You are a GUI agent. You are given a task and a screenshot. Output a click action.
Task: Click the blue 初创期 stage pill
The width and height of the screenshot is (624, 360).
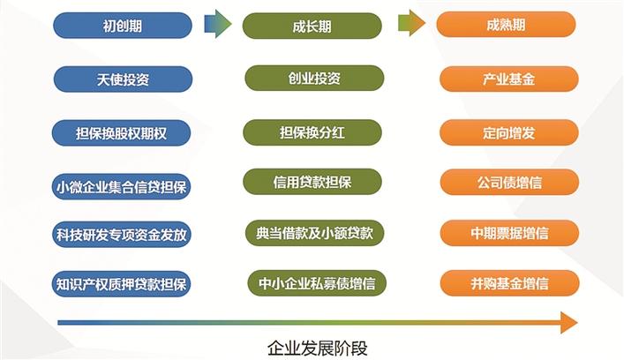click(x=123, y=26)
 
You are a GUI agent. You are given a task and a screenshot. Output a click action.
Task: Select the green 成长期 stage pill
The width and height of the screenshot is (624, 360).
click(x=312, y=26)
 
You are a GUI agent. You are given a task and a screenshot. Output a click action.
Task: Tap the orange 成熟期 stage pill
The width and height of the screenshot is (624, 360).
click(x=506, y=25)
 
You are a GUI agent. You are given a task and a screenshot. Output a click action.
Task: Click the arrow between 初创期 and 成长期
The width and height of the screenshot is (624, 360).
click(x=218, y=24)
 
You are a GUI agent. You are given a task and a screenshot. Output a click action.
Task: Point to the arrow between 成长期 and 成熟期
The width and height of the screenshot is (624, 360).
click(x=411, y=23)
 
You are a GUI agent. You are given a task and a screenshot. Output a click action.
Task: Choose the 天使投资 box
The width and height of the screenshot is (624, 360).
click(x=123, y=79)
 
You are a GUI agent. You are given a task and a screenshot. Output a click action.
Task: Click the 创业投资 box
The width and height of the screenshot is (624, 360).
click(x=314, y=78)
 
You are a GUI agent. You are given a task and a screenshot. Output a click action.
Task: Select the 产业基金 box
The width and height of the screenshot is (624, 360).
click(x=509, y=79)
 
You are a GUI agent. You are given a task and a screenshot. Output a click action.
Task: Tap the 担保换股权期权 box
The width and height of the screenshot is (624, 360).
click(x=122, y=133)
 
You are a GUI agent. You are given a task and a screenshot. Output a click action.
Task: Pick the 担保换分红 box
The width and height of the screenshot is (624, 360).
click(x=312, y=132)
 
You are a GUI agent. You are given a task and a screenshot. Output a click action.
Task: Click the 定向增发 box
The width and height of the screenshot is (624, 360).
click(x=509, y=133)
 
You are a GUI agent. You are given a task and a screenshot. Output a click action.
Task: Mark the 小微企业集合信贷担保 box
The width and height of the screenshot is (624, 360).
click(x=122, y=186)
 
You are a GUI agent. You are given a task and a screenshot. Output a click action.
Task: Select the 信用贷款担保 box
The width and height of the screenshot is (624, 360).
click(x=312, y=182)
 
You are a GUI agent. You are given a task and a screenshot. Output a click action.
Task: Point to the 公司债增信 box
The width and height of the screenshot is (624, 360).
click(x=509, y=182)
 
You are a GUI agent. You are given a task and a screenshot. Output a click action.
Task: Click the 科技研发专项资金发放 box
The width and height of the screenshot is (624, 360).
click(x=122, y=235)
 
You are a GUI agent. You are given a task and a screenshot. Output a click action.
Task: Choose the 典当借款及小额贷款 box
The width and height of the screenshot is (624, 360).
click(x=314, y=233)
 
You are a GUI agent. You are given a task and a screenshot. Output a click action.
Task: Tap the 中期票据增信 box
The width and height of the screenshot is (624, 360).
click(x=509, y=233)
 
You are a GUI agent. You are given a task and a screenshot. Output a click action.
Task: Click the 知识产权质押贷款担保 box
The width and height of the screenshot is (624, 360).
click(x=122, y=283)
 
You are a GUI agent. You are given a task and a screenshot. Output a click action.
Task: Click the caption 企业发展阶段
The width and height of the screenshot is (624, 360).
click(x=317, y=349)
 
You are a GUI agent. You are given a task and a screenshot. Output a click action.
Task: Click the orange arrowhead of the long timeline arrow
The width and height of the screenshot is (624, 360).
click(x=569, y=322)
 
